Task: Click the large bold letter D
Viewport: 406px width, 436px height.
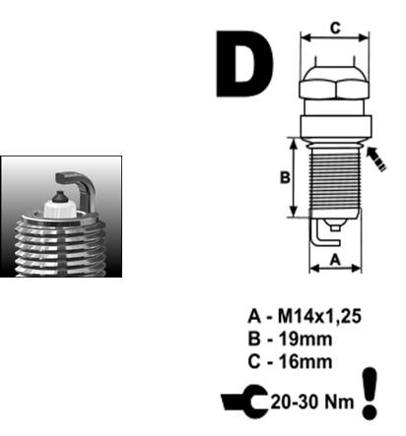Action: (243, 64)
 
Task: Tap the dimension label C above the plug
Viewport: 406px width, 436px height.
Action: (335, 29)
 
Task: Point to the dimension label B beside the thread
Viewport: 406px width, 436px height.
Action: (285, 177)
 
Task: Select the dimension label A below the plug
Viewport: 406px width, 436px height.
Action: (335, 260)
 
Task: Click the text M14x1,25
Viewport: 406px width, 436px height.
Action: (319, 316)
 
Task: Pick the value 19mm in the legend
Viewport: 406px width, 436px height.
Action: (305, 339)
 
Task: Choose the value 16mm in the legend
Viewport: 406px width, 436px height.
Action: (305, 362)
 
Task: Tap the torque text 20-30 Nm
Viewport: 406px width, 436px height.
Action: (312, 402)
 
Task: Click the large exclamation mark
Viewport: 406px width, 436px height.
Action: (370, 393)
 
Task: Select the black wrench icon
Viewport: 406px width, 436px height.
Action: (245, 402)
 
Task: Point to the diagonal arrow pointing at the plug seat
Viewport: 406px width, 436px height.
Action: (376, 158)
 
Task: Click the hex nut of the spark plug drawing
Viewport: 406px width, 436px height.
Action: (335, 89)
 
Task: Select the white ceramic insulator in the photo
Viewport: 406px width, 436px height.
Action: (60, 209)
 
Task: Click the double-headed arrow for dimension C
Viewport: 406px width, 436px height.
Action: (335, 37)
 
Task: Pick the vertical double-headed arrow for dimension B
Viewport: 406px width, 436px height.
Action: (294, 177)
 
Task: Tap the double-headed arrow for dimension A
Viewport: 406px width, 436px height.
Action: (335, 269)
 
